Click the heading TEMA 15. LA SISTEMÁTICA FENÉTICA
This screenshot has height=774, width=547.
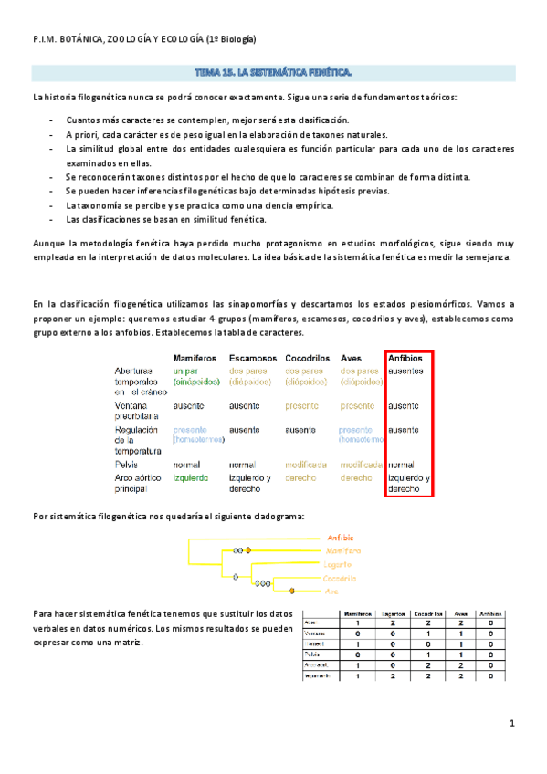coord(273,71)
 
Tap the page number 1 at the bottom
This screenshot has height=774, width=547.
coord(512,724)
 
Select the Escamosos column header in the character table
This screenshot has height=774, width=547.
coord(255,358)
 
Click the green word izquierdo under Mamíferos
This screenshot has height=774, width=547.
coord(189,477)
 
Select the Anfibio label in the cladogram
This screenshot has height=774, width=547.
coord(339,537)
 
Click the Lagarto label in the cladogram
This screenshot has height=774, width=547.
coord(338,565)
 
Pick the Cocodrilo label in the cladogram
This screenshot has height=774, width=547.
coord(340,579)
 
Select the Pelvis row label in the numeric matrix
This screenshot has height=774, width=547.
coord(311,654)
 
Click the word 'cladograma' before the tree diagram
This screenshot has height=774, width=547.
coord(268,517)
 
